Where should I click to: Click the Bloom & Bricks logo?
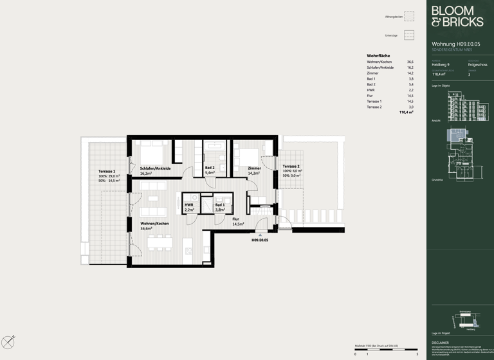457,17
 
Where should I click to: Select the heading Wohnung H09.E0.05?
455,44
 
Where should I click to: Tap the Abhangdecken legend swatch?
409,16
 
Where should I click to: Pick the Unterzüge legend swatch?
409,35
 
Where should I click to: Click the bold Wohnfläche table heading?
378,56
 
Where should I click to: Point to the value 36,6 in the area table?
410,62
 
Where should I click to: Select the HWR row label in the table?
370,90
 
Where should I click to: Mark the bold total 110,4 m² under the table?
406,113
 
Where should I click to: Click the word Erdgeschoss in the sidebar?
477,65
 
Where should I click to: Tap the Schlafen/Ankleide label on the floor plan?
155,168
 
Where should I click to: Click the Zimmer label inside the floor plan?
254,168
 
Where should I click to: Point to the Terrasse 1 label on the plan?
107,172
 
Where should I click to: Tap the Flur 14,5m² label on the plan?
238,221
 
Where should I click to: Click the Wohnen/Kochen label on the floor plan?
154,224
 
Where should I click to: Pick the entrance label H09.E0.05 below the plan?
260,240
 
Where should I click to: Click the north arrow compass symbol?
8,343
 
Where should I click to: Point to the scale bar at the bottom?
385,350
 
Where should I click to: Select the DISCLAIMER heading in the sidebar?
441,343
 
